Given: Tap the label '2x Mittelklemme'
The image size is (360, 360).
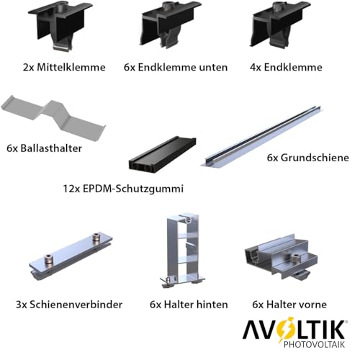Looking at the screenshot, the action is (x=64, y=67).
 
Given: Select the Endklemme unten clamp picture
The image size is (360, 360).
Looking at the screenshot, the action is (x=171, y=24).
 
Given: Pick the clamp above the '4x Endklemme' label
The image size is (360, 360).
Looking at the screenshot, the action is (x=279, y=24).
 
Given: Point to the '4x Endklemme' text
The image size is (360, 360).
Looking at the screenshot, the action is (x=286, y=67).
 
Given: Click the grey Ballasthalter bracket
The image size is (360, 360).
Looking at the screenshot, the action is (x=54, y=117).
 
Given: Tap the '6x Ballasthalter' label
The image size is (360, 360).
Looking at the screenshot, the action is (x=44, y=148).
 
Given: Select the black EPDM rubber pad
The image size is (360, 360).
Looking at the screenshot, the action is (x=163, y=155).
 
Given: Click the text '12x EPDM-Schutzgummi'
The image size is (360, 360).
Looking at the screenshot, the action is (x=123, y=189).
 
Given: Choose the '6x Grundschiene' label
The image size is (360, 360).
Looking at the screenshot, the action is (x=308, y=158).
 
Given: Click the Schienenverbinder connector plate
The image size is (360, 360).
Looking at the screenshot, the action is (x=71, y=256).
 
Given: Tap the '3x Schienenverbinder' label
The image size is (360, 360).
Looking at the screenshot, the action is (x=69, y=305).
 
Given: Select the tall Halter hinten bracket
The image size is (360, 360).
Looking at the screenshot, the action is (x=182, y=250).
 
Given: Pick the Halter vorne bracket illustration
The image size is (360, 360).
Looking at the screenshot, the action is (x=281, y=257).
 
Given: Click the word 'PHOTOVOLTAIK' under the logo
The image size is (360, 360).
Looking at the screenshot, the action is (x=315, y=344).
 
